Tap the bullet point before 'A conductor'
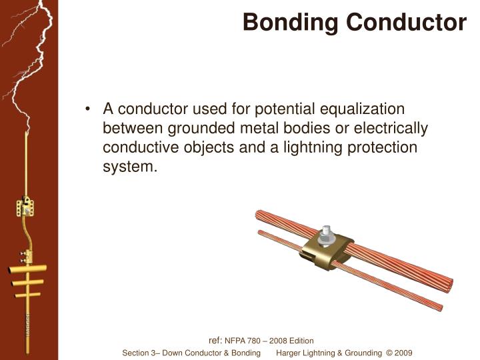[89, 109]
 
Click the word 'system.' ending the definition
[130, 167]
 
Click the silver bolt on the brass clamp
[327, 235]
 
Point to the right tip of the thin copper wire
[439, 308]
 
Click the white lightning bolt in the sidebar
[29, 67]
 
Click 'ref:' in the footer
[215, 340]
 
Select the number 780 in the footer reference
[257, 341]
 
